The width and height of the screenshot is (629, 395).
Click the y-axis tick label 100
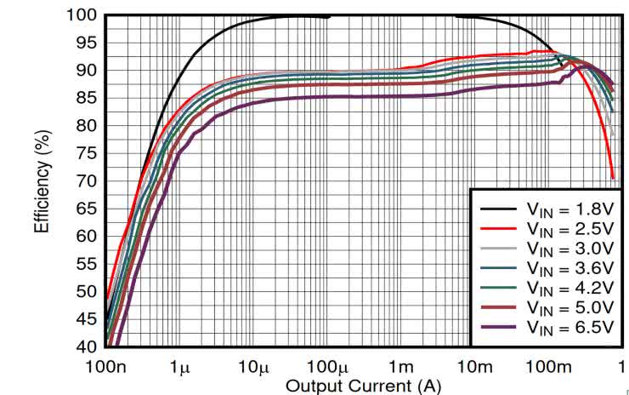tap(82, 15)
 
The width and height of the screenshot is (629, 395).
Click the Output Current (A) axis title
tap(363, 385)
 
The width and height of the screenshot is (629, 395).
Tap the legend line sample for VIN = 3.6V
tap(499, 268)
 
